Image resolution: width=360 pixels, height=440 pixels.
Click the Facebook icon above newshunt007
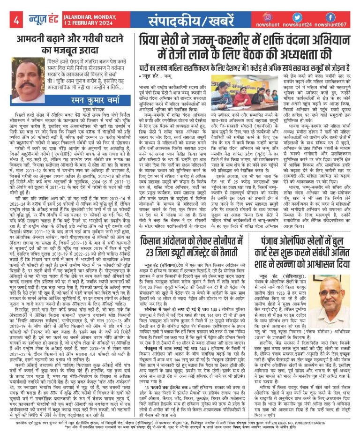(x=331, y=16)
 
